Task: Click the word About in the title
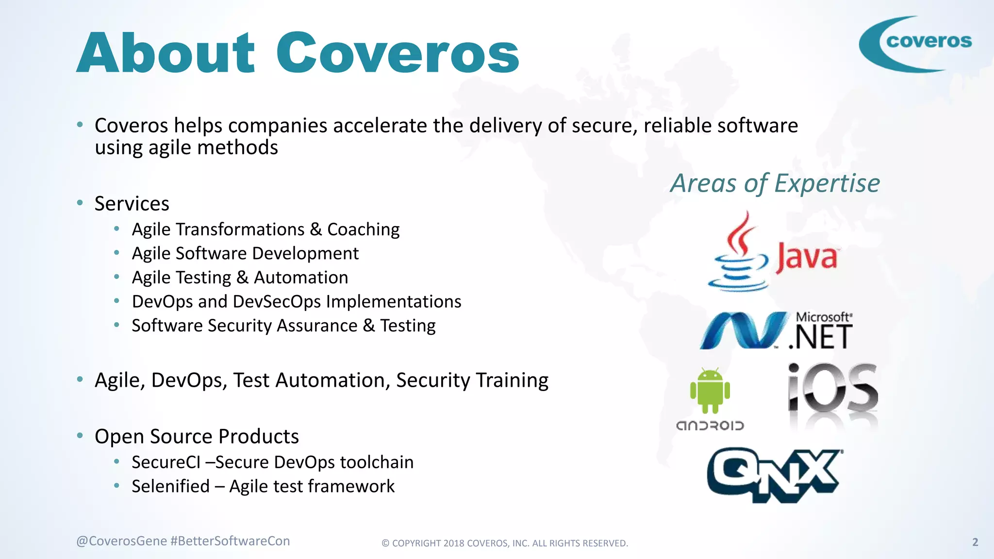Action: pos(166,53)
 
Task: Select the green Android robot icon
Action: pos(710,391)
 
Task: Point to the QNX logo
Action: pos(775,474)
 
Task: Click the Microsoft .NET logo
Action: pos(776,330)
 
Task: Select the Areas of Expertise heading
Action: pos(775,183)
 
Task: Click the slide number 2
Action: pos(975,542)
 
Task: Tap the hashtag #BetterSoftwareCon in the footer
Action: pos(230,541)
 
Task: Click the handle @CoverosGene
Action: pos(121,541)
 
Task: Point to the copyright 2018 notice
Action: pos(505,543)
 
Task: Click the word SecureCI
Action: pos(166,462)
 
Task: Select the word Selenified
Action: pos(170,486)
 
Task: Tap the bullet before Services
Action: pos(80,203)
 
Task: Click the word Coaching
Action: pos(363,230)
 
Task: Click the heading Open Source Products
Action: pos(197,436)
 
